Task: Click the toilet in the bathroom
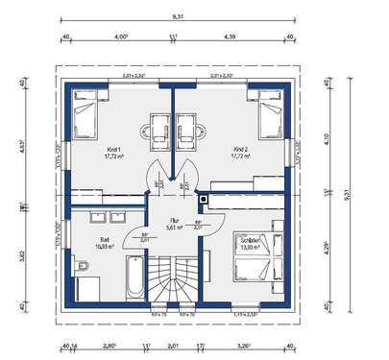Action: pos(82,285)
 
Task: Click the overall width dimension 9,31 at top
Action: pos(178,16)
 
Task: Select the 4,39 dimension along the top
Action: pos(231,36)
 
